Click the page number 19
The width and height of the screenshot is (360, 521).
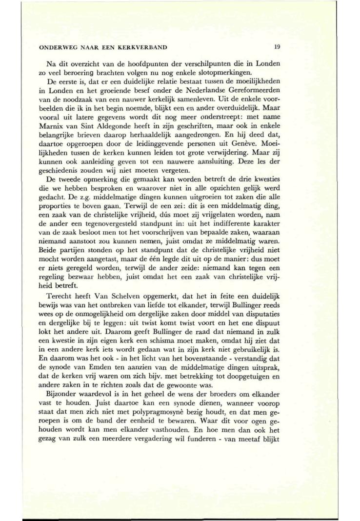point(277,47)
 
